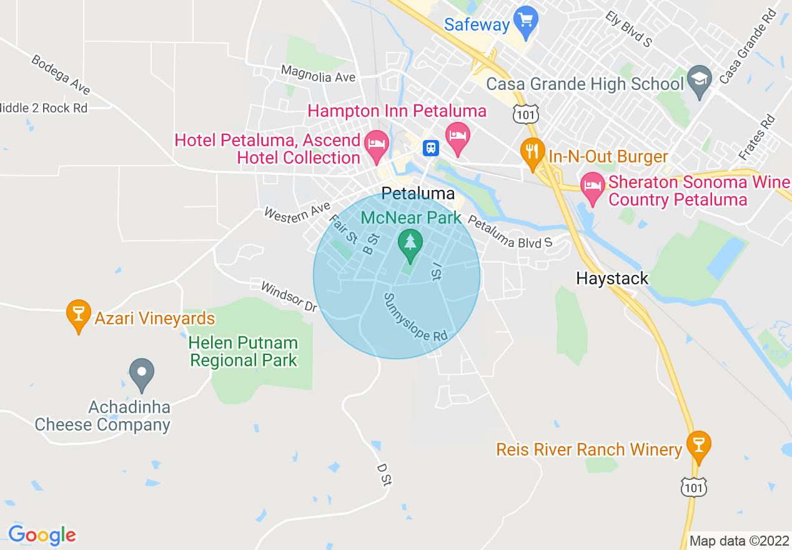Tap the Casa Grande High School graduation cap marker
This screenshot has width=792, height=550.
(699, 80)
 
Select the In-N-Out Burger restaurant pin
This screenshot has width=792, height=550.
(532, 153)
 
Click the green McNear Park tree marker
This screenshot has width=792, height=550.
(410, 244)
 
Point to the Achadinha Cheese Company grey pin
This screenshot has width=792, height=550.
(142, 374)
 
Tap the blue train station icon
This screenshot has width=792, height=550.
(431, 147)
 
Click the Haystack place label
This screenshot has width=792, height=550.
(612, 278)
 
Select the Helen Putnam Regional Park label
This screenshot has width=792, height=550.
(244, 352)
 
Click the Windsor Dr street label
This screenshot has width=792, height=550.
(289, 296)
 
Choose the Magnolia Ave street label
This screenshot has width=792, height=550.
(318, 74)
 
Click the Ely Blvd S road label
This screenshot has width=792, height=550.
(628, 29)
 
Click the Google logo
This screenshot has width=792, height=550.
(42, 536)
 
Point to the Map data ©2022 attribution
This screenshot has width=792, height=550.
(738, 541)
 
